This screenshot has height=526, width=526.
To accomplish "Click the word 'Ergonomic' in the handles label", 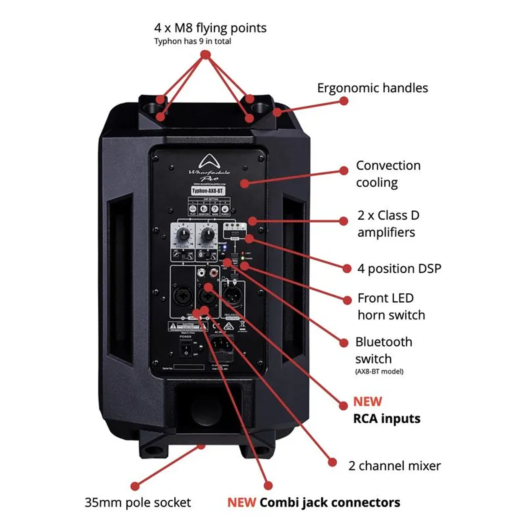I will coord(347,88).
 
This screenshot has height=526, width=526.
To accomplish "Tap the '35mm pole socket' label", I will coord(138,502).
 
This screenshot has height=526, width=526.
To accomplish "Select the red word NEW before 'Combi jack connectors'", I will coord(241,502).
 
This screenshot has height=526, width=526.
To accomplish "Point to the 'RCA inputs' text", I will coord(386,418).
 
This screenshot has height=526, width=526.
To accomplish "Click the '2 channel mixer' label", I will coord(394,466).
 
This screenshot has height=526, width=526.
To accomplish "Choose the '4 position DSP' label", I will coord(399,268).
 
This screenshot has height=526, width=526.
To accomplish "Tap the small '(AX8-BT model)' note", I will coord(379,371).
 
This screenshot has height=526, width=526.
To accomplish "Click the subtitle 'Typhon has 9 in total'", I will coord(192,41).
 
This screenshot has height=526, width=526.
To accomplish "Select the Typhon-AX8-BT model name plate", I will coord(208,191).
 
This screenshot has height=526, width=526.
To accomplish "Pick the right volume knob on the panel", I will coord(208,234).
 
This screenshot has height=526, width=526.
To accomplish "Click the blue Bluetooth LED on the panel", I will coord(225,248).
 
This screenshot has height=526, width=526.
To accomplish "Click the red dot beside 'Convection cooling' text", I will coord(344,171).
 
